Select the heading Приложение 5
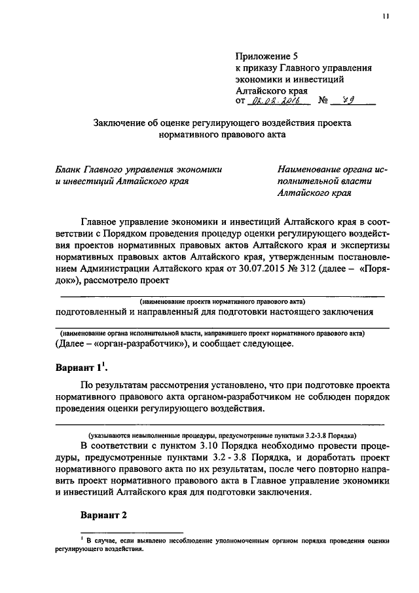pos(266,57)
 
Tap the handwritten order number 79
pos(348,101)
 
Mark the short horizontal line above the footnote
pos(131,532)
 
